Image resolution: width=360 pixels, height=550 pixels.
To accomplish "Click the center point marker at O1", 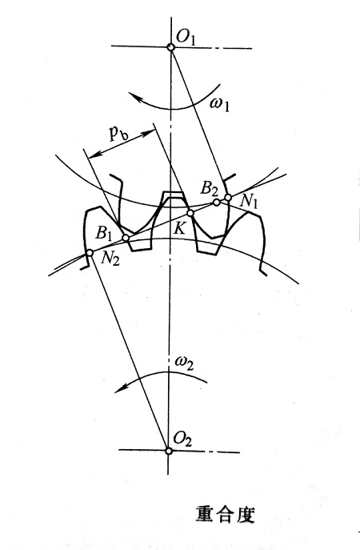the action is (x=170, y=46).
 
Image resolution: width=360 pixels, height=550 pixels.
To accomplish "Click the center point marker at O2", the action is (x=169, y=451).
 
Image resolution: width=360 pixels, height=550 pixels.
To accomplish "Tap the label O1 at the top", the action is (x=186, y=38).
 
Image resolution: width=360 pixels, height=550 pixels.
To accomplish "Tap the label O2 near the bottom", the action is (x=182, y=440).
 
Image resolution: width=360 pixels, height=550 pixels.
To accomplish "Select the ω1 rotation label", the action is (x=219, y=105).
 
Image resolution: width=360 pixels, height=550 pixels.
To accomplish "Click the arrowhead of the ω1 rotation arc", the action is (x=134, y=96).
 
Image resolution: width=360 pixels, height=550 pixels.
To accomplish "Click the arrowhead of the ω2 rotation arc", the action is (x=122, y=388).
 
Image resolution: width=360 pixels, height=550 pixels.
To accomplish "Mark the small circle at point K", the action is (x=190, y=213).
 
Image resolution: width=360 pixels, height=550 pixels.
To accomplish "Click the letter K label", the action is (x=179, y=229).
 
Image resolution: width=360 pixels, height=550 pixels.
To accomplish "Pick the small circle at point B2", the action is (x=217, y=202).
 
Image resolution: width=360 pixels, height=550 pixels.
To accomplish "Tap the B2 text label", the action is (x=209, y=189).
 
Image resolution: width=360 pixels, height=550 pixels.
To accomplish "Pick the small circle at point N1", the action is (x=228, y=198).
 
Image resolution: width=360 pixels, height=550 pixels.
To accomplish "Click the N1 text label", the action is (x=249, y=203).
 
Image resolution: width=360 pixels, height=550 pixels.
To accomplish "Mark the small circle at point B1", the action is (x=126, y=238).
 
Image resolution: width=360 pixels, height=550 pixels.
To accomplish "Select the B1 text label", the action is (x=103, y=233).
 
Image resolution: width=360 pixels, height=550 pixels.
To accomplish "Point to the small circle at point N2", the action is (x=90, y=252).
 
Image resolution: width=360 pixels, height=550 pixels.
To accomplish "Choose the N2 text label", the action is (x=110, y=259).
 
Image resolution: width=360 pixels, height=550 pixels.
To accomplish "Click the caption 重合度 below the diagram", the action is (x=225, y=513).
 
